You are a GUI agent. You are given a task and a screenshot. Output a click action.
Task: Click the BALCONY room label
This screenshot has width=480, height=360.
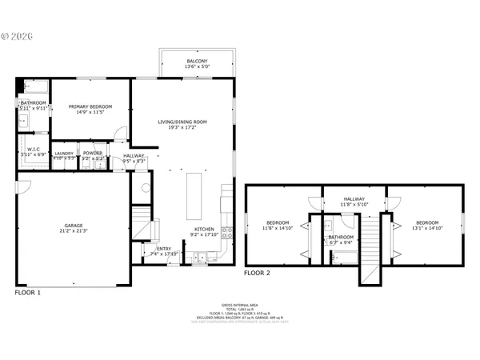coord(197,62)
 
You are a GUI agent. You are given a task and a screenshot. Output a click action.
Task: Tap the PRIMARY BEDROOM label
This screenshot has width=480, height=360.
coord(90,106)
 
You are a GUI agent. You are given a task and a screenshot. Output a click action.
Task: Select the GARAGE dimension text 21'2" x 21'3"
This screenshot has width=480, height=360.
coord(74,231)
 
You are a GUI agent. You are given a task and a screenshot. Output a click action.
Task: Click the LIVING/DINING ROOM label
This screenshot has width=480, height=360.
coord(182,122)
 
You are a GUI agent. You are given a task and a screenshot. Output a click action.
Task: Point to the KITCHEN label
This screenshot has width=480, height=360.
coord(204,230)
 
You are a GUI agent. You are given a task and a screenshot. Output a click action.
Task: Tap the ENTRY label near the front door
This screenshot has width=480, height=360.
coord(163,249)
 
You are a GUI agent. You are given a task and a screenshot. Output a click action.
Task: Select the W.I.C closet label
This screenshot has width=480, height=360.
coord(34,149)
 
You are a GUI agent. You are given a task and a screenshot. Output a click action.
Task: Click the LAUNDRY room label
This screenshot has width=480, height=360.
coord(64,153)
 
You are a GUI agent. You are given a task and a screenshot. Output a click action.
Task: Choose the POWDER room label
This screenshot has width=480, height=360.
coord(93,153)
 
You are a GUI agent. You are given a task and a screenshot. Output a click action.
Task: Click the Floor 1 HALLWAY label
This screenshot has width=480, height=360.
coord(134,156)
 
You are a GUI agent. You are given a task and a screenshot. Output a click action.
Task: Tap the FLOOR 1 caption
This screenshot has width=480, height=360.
coord(28,293)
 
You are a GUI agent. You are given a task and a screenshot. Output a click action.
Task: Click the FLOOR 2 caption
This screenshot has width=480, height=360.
coord(258,273)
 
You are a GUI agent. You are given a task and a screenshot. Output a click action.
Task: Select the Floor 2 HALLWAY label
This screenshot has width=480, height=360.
coord(354,199)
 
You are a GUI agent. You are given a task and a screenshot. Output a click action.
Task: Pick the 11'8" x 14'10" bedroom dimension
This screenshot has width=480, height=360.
coord(276,227)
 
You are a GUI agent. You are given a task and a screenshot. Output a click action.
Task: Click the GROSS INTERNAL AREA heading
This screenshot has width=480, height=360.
coord(240,306)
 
